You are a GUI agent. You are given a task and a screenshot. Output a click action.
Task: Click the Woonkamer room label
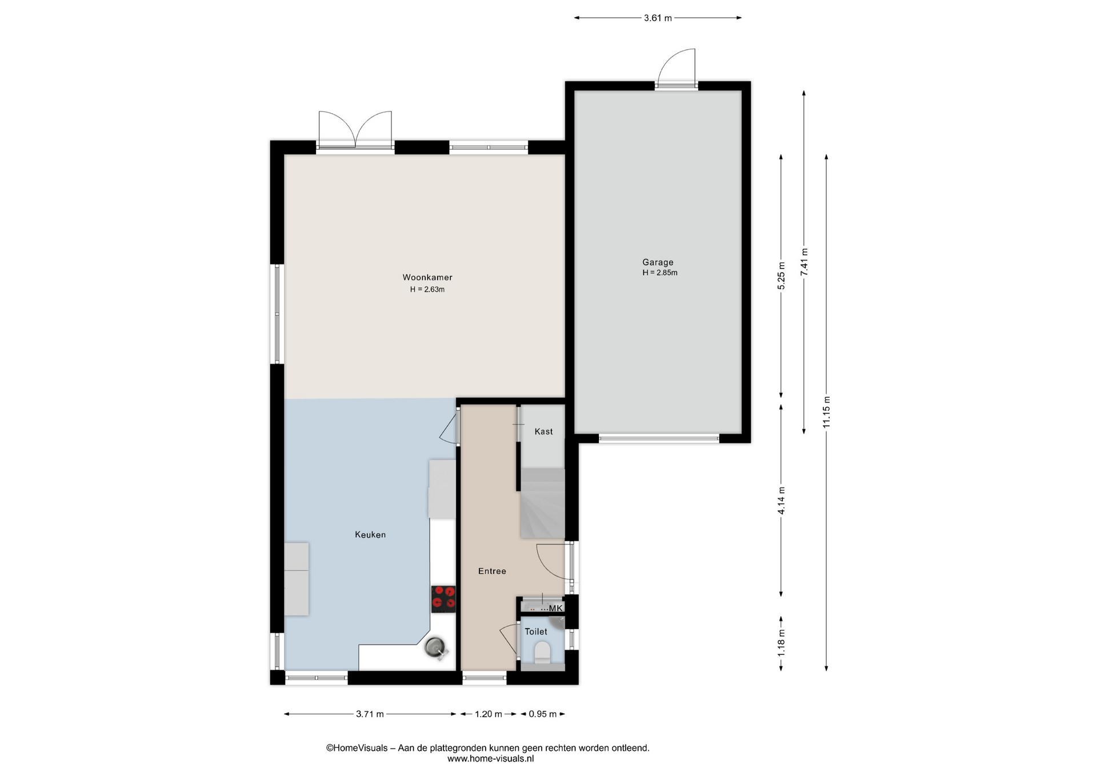[427, 277]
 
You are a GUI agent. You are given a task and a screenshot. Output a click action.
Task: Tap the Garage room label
[658, 262]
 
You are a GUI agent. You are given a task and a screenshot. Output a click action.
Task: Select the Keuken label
[370, 534]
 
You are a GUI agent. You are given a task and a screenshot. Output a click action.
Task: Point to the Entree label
[492, 571]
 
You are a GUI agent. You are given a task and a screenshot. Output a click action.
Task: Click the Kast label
[543, 431]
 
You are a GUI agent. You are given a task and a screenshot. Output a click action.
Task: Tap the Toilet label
[536, 631]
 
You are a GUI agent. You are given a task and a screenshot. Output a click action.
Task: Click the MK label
[556, 608]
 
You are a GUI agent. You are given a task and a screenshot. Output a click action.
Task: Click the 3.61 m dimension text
[658, 18]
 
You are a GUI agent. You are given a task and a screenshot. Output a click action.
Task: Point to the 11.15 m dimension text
[826, 412]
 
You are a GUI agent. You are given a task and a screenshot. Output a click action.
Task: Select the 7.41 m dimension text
[804, 262]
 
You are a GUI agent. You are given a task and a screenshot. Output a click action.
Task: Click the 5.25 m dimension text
[781, 275]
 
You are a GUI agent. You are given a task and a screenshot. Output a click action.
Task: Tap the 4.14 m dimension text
[781, 501]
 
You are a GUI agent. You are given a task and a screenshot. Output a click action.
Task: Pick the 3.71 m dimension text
[370, 714]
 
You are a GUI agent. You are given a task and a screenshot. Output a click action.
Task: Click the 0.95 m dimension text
[542, 714]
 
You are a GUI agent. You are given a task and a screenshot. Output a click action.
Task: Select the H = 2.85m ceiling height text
[660, 273]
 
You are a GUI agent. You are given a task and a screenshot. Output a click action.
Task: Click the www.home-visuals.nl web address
[490, 759]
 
